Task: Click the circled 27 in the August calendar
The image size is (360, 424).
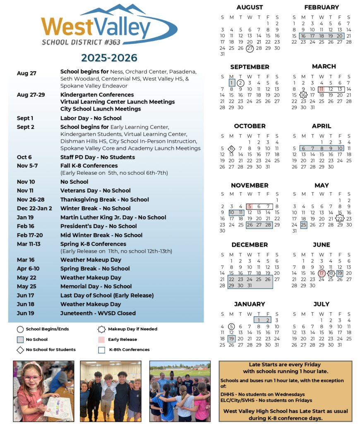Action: pos(250,48)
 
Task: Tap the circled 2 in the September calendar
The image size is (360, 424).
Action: pos(240,82)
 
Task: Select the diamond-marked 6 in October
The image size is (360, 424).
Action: pos(231,149)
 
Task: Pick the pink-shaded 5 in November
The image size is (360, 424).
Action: pos(250,206)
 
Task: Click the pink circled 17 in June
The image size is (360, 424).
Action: pos(322,273)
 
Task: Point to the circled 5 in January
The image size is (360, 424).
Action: pos(231,326)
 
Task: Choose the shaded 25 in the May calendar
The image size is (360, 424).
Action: pos(304,225)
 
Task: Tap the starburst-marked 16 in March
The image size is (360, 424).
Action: pos(303,95)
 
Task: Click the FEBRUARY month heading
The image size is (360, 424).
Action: pos(321,7)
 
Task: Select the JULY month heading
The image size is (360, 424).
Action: pos(321,304)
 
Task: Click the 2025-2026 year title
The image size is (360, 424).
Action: pos(109,58)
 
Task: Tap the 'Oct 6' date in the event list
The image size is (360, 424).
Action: pos(24,157)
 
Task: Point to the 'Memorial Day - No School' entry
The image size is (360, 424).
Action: pos(96,286)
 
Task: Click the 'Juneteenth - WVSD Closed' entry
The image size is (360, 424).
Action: pos(98,313)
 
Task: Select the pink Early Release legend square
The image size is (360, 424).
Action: pos(101,340)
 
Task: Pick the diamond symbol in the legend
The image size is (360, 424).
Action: pos(20,350)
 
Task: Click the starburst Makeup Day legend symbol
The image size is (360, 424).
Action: pos(101,329)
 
